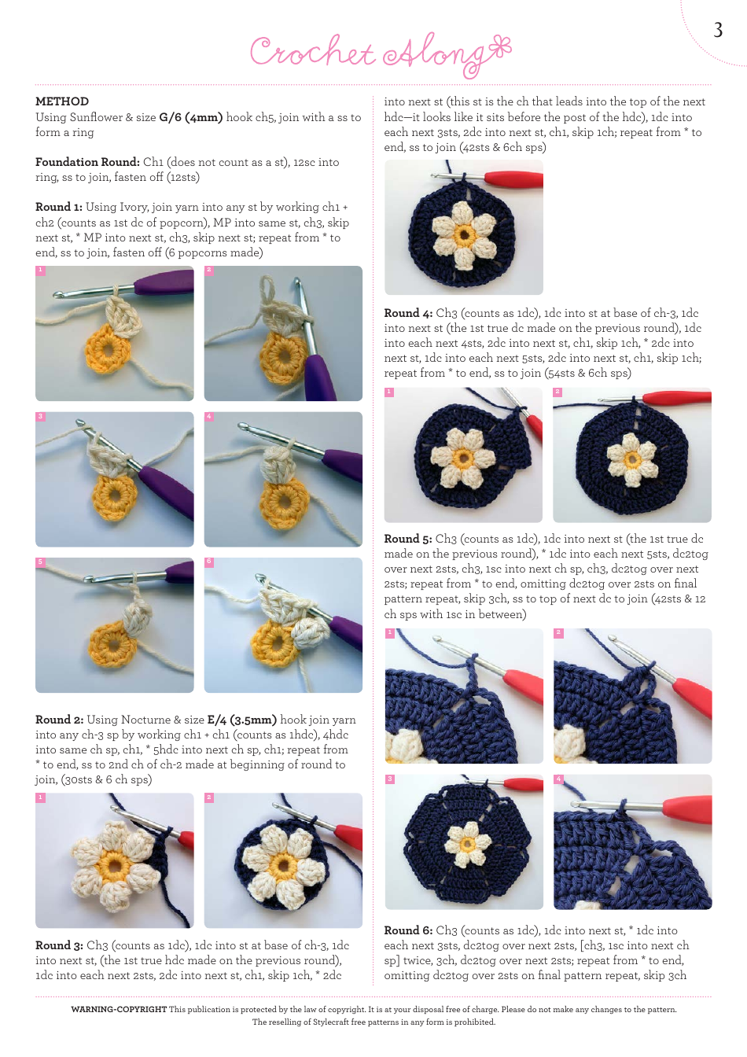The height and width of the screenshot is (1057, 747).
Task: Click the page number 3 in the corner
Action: click(x=717, y=30)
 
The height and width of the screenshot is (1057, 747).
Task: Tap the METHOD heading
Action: click(x=62, y=101)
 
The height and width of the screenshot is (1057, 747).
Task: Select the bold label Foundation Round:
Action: click(x=87, y=162)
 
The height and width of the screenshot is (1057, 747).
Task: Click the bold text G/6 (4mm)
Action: click(x=190, y=117)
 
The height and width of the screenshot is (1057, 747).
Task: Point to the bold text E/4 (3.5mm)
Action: click(x=241, y=720)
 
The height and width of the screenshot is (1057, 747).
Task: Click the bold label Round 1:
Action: click(x=59, y=207)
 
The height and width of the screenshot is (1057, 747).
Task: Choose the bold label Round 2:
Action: click(x=59, y=720)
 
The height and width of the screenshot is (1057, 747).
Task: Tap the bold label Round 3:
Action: click(x=59, y=945)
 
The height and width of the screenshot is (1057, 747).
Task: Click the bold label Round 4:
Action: click(x=408, y=313)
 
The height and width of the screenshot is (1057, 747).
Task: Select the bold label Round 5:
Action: click(x=408, y=539)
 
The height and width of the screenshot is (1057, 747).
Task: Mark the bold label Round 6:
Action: click(x=408, y=930)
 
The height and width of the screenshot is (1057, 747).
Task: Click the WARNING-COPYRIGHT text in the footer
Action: click(x=119, y=1009)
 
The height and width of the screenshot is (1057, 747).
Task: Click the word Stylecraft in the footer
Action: click(x=332, y=1022)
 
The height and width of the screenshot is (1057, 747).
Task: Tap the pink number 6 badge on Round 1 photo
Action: click(x=209, y=562)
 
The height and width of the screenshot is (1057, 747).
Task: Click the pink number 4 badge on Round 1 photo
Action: click(x=209, y=416)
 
